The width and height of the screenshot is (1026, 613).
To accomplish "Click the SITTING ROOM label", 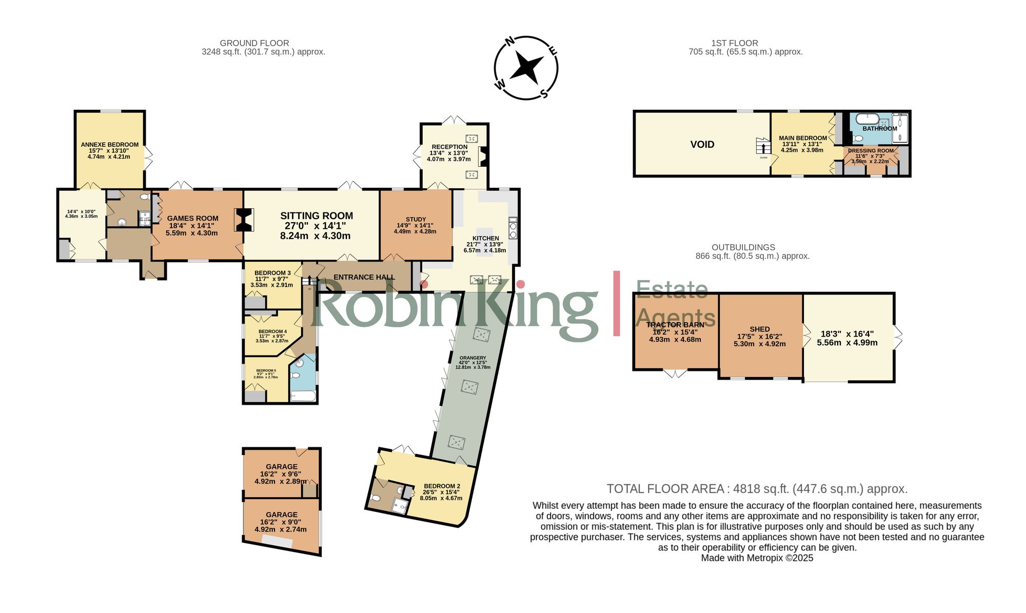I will tap(317, 216).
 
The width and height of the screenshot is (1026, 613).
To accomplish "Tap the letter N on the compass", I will tap(510, 42).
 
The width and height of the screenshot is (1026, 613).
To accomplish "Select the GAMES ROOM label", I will tap(192, 218).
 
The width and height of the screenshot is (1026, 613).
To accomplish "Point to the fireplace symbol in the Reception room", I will tap(482, 156).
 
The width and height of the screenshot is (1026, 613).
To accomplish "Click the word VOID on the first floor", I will tap(702, 145).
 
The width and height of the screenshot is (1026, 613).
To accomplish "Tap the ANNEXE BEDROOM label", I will tap(110, 145).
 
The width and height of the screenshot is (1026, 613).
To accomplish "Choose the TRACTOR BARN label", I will tap(675, 325).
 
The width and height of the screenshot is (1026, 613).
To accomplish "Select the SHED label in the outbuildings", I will tap(759, 329).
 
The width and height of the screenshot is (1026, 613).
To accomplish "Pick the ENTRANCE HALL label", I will tap(364, 277).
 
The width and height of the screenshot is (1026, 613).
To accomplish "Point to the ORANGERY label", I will tap(472, 358).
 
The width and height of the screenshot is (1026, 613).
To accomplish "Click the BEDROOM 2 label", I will tap(442, 486).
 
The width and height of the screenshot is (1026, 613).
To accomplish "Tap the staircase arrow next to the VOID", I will tap(763, 147).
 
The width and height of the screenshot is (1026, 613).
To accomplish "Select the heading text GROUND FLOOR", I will tap(254, 43).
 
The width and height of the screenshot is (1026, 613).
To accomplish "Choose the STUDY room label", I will tap(416, 219).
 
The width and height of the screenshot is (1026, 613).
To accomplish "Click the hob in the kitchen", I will tap(512, 227).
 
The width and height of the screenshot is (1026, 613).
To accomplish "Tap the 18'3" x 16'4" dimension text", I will tap(847, 334).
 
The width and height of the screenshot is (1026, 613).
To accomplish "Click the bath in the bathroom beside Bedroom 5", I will tap(303, 396).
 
